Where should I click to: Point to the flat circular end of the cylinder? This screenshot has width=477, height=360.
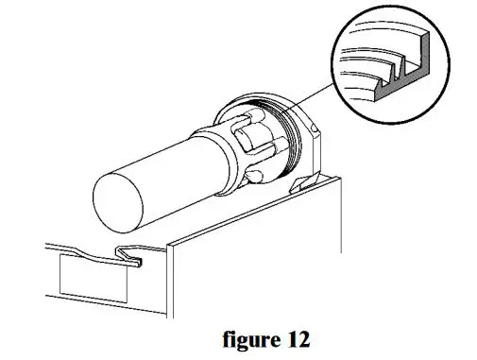click(x=121, y=199)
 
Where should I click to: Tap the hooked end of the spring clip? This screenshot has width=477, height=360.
click(x=131, y=253)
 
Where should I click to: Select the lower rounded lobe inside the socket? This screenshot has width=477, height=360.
click(x=256, y=175)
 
